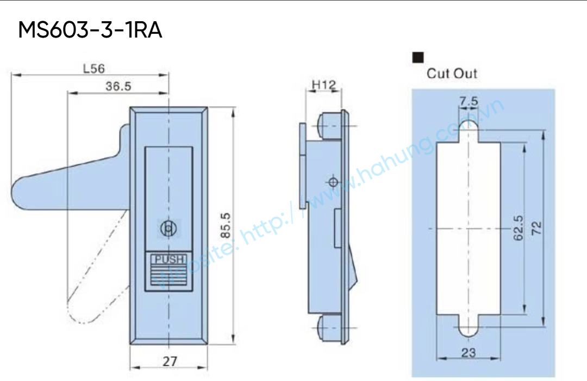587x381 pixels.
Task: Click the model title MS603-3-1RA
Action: click(x=90, y=30)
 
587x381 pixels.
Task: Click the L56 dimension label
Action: click(x=94, y=69)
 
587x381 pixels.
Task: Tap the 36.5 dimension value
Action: click(x=118, y=86)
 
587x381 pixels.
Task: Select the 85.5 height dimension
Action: click(x=226, y=225)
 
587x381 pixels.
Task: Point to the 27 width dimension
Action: click(x=170, y=361)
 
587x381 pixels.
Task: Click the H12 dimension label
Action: click(x=324, y=85)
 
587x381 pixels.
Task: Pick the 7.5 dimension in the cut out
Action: click(x=469, y=101)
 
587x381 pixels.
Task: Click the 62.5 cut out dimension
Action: click(x=518, y=228)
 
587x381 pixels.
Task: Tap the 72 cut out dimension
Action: click(x=536, y=228)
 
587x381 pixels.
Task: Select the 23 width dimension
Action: click(x=469, y=353)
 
